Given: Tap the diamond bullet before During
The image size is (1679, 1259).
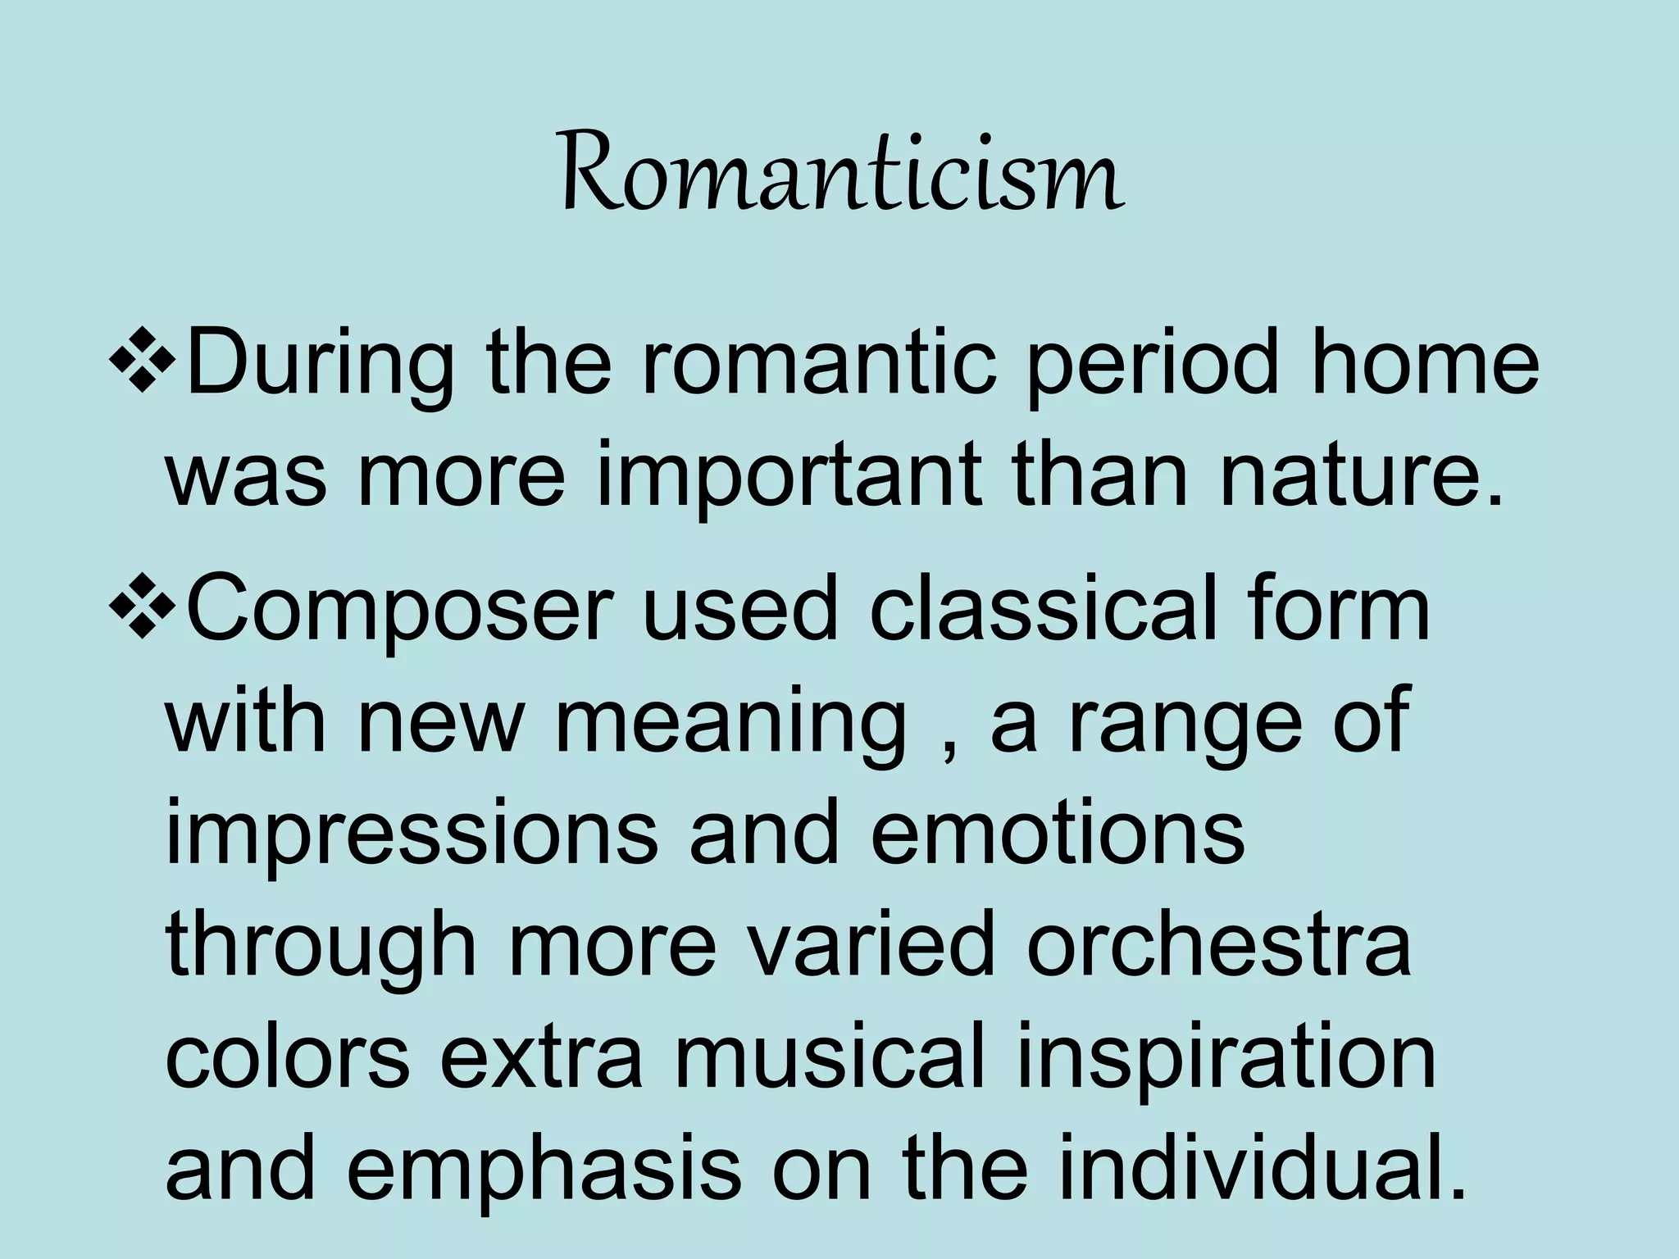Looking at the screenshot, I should pyautogui.click(x=141, y=361).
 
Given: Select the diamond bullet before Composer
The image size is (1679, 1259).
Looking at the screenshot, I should pyautogui.click(x=141, y=607).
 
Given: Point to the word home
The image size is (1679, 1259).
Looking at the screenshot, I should pyautogui.click(x=1424, y=361).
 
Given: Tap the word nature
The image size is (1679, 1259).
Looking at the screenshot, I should pyautogui.click(x=1361, y=480).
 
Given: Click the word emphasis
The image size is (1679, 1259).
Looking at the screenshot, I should pyautogui.click(x=544, y=1171).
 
